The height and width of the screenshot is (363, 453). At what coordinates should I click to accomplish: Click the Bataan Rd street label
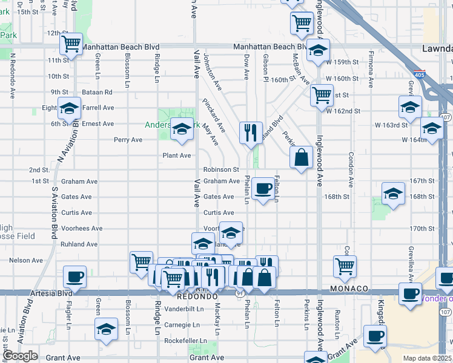(100, 92)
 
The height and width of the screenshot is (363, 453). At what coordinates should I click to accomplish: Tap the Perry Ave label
(128, 140)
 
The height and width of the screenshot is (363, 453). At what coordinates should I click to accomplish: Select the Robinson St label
(221, 170)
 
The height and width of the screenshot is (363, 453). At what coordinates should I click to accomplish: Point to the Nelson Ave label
(26, 260)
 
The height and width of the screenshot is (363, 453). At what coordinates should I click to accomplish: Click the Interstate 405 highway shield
(420, 75)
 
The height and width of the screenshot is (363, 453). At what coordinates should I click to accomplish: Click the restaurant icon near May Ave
(251, 131)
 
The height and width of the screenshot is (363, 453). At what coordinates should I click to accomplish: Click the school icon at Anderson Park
(181, 129)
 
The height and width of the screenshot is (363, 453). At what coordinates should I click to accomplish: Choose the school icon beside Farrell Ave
(69, 108)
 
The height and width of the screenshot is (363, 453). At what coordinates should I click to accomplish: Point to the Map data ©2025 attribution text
(426, 358)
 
